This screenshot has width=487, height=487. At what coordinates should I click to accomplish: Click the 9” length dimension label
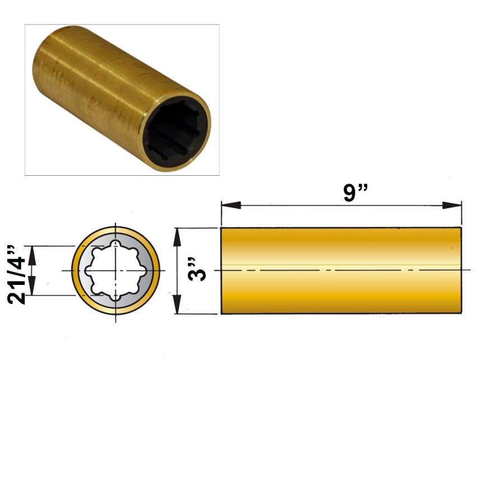(x=355, y=193)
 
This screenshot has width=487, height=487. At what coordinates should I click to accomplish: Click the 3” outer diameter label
(x=197, y=269)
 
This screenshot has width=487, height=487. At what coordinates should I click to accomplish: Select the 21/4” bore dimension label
(x=16, y=274)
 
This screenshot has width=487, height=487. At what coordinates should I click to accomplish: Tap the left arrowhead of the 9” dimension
(x=231, y=205)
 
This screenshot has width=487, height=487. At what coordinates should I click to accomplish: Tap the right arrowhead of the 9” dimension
(x=452, y=205)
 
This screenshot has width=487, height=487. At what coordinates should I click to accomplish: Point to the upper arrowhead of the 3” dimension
(x=177, y=238)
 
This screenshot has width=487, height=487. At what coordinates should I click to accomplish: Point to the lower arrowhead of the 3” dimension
(x=177, y=304)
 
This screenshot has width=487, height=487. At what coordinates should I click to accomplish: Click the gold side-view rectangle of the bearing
(x=341, y=270)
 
